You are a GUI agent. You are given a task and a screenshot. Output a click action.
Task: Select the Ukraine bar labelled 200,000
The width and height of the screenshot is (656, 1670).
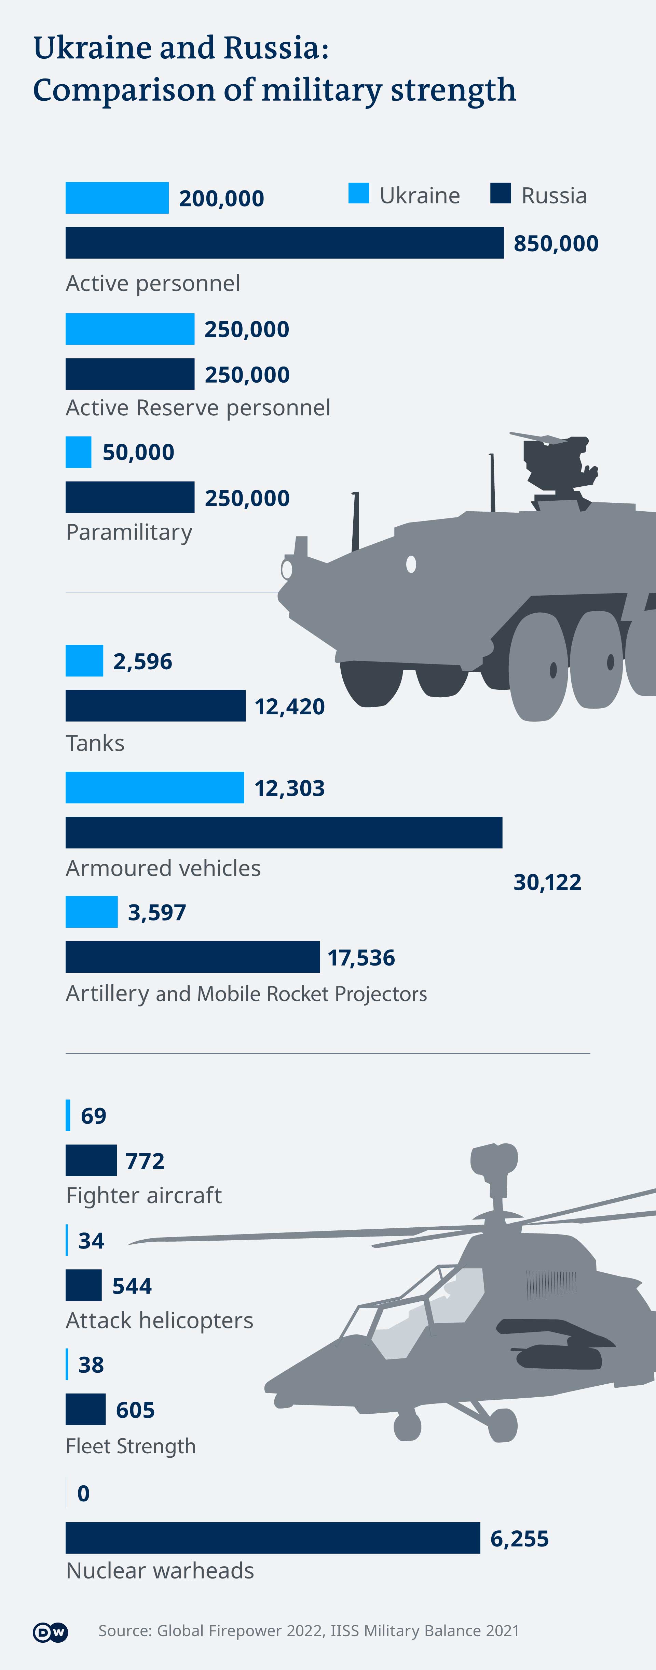[117, 198]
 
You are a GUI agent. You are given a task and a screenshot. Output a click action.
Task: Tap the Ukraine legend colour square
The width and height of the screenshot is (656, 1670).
[358, 193]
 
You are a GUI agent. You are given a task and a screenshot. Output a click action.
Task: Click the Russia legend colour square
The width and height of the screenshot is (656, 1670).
[500, 193]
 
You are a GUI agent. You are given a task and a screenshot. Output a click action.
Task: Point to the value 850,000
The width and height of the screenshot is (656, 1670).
[556, 244]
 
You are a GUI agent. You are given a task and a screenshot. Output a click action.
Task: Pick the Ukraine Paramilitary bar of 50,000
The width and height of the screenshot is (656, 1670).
[79, 452]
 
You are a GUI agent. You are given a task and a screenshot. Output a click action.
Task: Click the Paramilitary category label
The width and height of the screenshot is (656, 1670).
[129, 532]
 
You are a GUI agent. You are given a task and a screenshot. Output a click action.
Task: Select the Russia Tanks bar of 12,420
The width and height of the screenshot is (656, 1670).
[155, 705]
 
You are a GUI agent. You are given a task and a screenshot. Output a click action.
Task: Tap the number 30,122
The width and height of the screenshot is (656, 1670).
[547, 882]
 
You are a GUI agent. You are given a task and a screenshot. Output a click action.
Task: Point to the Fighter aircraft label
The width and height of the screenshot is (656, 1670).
[143, 1195]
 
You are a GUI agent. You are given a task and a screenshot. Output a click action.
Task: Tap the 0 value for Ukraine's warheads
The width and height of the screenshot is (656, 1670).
[83, 1493]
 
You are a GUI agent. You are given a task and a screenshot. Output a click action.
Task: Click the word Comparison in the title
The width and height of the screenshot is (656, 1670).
[123, 90]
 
